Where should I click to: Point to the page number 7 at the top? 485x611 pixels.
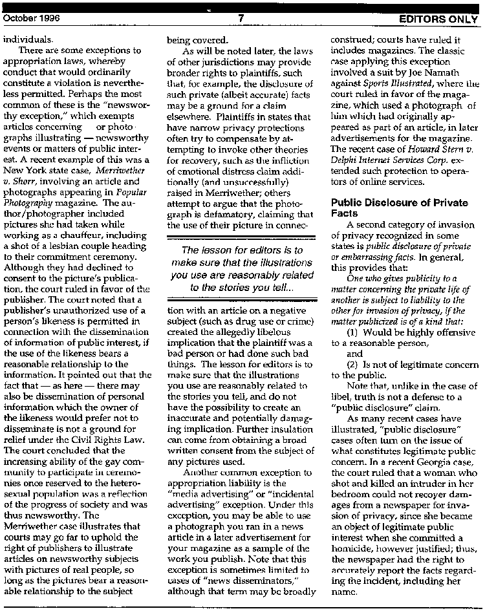point(240,18)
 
